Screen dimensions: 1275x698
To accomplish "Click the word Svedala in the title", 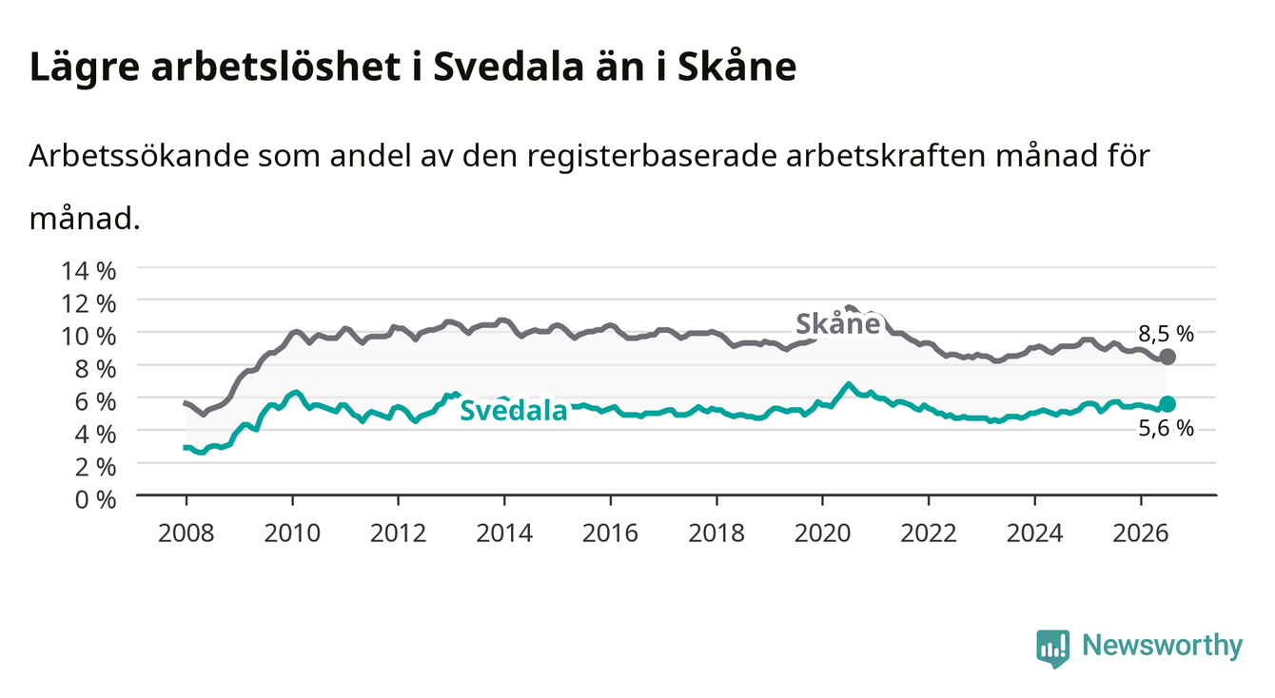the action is [508, 67].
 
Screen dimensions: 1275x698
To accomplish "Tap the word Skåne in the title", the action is [736, 67].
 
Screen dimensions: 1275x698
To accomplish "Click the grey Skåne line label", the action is [838, 323].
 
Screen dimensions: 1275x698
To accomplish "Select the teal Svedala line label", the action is [514, 410].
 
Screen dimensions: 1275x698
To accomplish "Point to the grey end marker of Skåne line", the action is [1167, 357].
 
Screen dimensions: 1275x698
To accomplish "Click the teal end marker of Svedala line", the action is [1167, 404].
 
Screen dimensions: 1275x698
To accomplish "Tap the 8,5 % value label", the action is [1166, 334].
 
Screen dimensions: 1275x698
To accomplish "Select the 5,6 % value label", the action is [1166, 428].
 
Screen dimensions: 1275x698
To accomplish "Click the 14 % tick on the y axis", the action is [88, 271].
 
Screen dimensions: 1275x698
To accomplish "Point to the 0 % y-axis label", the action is [95, 499].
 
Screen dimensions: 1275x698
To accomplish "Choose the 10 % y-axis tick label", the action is [88, 337].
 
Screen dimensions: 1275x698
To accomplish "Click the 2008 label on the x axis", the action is [186, 533].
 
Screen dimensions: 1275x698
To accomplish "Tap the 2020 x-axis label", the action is [822, 533].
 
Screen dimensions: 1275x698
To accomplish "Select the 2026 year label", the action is [1141, 533].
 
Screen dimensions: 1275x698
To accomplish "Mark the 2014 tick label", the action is [504, 533].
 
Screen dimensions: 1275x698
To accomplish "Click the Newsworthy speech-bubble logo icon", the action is [1053, 649].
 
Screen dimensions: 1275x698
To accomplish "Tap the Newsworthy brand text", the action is [1163, 646].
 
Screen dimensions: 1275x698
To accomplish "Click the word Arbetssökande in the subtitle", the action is [139, 156].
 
